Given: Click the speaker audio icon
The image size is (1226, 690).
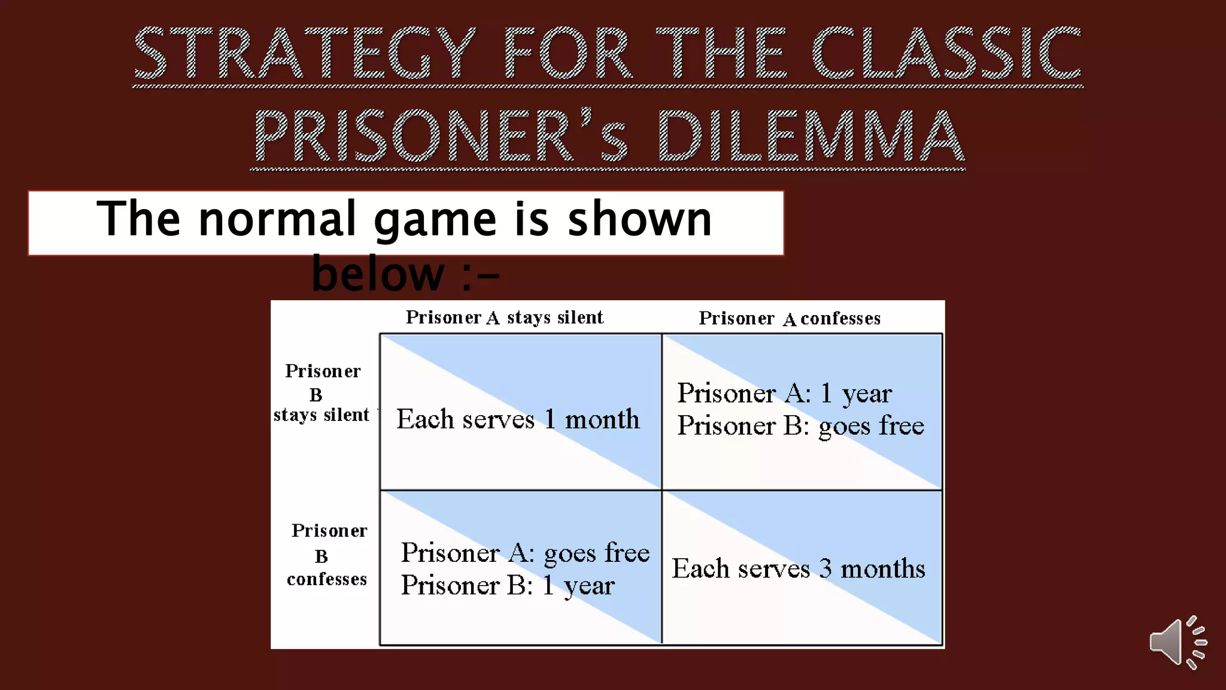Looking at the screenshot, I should click(1177, 642).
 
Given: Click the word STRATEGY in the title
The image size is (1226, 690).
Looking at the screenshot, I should click(304, 54).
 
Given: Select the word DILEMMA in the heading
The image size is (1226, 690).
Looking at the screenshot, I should click(811, 137).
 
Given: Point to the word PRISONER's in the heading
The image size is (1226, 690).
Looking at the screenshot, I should click(441, 137).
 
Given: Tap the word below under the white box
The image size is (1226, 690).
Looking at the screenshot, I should click(378, 274).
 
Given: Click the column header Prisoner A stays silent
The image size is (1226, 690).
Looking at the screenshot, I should click(504, 317).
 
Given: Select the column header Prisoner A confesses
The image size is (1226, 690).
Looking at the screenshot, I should click(790, 319).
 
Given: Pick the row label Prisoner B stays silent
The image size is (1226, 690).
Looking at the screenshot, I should click(322, 393).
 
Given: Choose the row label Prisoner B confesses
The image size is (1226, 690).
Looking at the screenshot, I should click(327, 555).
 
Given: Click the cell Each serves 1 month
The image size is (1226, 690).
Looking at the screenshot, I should click(518, 419).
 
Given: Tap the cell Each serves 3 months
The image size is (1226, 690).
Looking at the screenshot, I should click(798, 568).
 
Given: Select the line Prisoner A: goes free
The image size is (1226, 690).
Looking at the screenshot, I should click(524, 553).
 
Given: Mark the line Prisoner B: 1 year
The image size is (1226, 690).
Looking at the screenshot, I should click(507, 585).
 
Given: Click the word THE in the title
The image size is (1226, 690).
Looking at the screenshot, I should click(721, 54).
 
